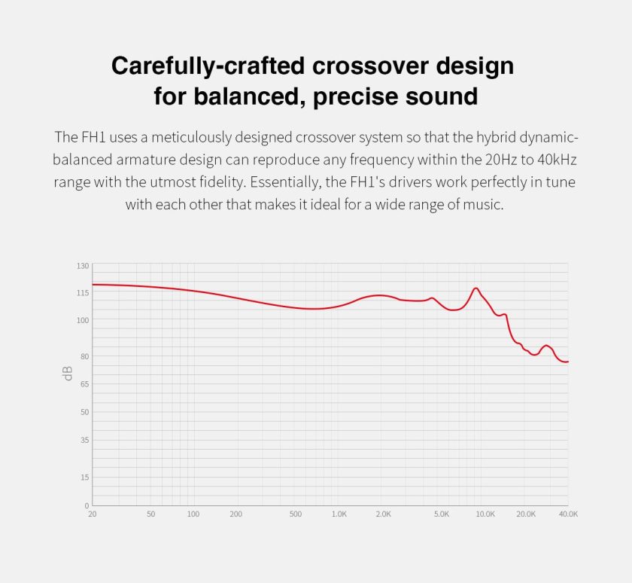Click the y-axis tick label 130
pyautogui.click(x=83, y=266)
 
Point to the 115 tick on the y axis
pyautogui.click(x=83, y=293)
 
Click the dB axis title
pyautogui.click(x=68, y=372)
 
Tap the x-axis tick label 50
pyautogui.click(x=151, y=514)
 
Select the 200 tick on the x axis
pyautogui.click(x=236, y=514)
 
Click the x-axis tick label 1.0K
pyautogui.click(x=339, y=514)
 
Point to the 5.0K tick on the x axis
pyautogui.click(x=442, y=514)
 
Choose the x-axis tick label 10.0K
pyautogui.click(x=485, y=514)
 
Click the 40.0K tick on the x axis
pyautogui.click(x=568, y=514)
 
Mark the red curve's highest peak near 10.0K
pyautogui.click(x=476, y=288)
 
